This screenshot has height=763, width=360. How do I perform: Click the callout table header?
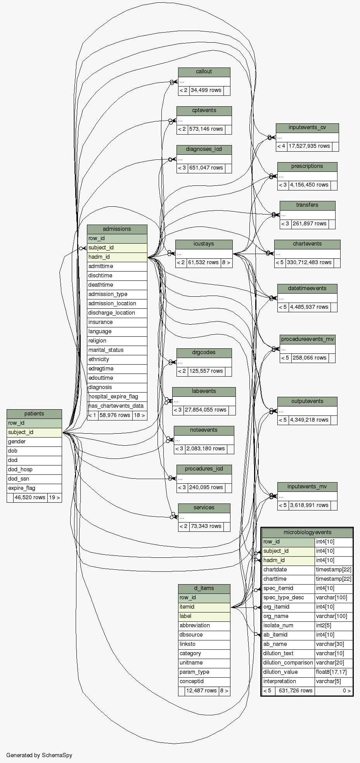(204, 72)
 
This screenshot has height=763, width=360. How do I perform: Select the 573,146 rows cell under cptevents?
(206, 129)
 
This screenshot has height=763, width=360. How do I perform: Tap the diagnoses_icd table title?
(204, 149)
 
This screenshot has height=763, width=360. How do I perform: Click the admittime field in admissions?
(117, 266)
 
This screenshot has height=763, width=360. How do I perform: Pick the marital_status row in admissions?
(117, 350)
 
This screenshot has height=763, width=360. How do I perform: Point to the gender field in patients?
(34, 441)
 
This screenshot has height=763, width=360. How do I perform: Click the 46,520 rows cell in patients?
(30, 497)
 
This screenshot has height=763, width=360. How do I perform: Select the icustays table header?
(204, 244)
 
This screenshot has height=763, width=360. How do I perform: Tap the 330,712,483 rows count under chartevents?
(309, 263)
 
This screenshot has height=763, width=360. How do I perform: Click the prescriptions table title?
(307, 166)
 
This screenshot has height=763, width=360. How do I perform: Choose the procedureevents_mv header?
(307, 339)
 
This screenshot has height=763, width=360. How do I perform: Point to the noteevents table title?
(204, 430)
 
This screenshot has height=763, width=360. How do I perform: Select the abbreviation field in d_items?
(204, 625)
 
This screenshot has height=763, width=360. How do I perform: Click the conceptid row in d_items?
(204, 681)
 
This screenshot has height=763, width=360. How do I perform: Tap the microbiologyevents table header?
(307, 533)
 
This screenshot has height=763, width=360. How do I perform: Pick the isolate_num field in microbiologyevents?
(288, 625)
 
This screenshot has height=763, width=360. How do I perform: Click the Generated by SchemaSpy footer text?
(39, 755)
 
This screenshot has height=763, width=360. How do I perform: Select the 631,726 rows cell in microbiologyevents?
(295, 690)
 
